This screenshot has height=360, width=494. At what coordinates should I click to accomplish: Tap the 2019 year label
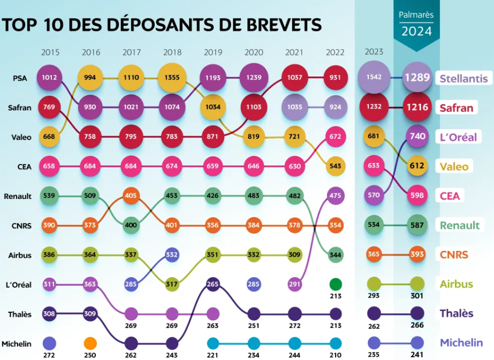tap(213, 52)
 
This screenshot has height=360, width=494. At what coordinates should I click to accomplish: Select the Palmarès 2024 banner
tap(416, 24)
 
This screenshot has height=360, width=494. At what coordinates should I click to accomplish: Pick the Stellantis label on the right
tap(463, 79)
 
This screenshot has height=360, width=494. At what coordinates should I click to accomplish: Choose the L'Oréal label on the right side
tap(458, 137)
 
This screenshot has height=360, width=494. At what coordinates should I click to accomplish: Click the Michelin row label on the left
tap(17, 344)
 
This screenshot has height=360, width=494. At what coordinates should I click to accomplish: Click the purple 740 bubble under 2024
tap(417, 136)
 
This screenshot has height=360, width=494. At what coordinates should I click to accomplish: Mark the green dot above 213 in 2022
tap(335, 284)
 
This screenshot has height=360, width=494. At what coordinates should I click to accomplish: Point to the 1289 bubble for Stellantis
tap(417, 78)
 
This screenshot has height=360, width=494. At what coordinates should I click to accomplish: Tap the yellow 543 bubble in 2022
tap(335, 166)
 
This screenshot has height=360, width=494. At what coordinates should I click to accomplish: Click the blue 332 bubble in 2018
tap(172, 255)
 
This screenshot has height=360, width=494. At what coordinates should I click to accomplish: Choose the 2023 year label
tap(374, 52)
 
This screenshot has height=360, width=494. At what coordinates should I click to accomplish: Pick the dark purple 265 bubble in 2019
tap(213, 284)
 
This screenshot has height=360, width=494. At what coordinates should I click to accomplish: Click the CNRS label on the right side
tap(454, 255)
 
